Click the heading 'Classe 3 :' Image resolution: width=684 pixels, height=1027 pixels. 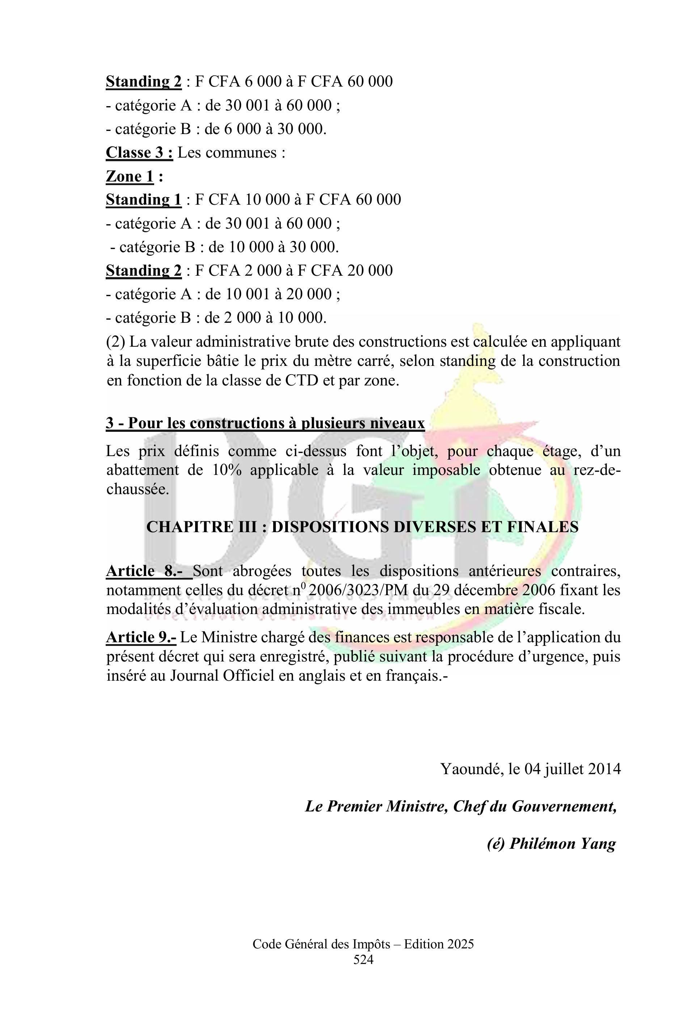[x=139, y=153]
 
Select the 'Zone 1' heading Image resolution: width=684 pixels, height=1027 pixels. [x=130, y=176]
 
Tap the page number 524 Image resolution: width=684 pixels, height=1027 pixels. [x=363, y=960]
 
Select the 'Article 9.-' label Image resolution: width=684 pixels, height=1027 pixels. [x=141, y=638]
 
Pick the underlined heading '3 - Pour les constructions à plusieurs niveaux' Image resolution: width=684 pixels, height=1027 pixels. [x=265, y=423]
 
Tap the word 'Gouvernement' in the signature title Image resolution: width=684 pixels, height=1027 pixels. [x=563, y=806]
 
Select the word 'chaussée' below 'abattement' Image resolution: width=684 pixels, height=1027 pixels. [x=137, y=489]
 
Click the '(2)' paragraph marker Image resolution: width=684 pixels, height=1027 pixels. [x=115, y=342]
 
